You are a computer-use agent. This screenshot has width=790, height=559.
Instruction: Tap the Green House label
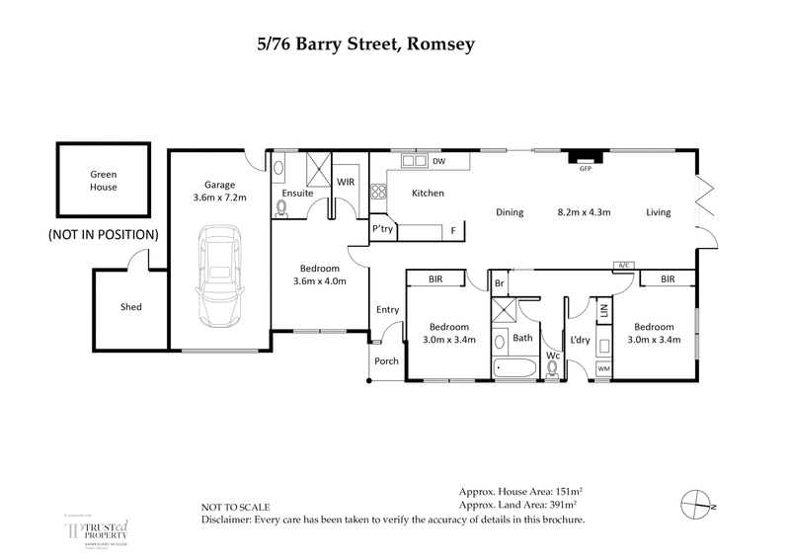[x=103, y=180]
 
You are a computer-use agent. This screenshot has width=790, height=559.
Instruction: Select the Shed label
[x=130, y=307]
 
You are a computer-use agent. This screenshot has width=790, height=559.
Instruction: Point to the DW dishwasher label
[x=439, y=161]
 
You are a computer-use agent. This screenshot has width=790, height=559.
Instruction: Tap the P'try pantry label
[x=383, y=228]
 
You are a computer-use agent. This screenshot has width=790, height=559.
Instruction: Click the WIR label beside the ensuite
[x=346, y=182]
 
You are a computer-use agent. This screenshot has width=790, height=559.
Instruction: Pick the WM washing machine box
[x=604, y=369]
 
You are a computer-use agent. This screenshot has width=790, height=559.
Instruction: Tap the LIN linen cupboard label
[x=603, y=311]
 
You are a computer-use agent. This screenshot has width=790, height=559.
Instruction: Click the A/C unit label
[x=622, y=265]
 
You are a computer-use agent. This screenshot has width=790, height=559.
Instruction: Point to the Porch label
[x=386, y=361]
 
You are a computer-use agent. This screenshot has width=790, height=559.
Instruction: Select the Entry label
[x=387, y=310]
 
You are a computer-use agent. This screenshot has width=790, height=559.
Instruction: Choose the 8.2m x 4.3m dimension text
[x=585, y=212]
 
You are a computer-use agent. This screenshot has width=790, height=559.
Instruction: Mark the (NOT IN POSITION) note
[x=103, y=235]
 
